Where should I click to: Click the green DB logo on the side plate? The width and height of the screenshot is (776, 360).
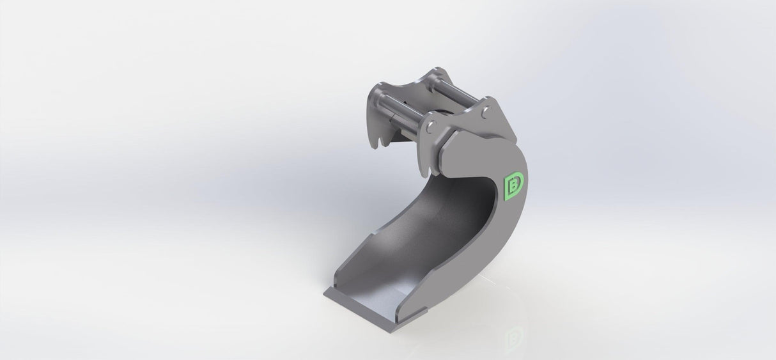click(x=514, y=185)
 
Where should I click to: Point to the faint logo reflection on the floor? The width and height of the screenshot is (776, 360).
click(x=514, y=336)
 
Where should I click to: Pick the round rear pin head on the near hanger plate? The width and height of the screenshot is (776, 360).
click(x=486, y=113)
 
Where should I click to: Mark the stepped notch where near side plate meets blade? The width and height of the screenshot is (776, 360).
click(x=422, y=311)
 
